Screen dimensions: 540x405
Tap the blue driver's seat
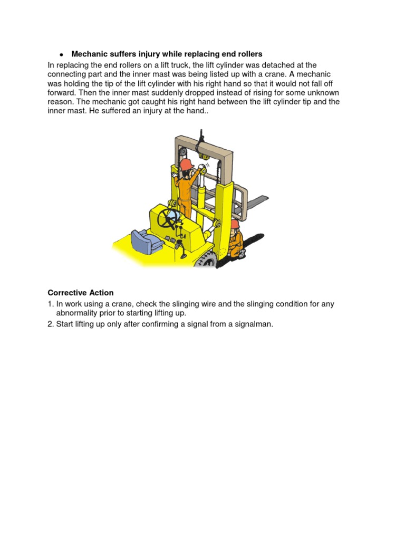click(141, 240)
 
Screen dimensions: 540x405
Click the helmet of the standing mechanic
click(186, 165)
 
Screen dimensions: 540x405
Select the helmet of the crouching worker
click(235, 224)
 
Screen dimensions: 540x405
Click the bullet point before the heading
click(61, 55)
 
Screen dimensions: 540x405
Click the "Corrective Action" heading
click(80, 293)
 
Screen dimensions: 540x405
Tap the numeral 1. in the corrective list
click(51, 304)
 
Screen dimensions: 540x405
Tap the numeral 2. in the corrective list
click(51, 324)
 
